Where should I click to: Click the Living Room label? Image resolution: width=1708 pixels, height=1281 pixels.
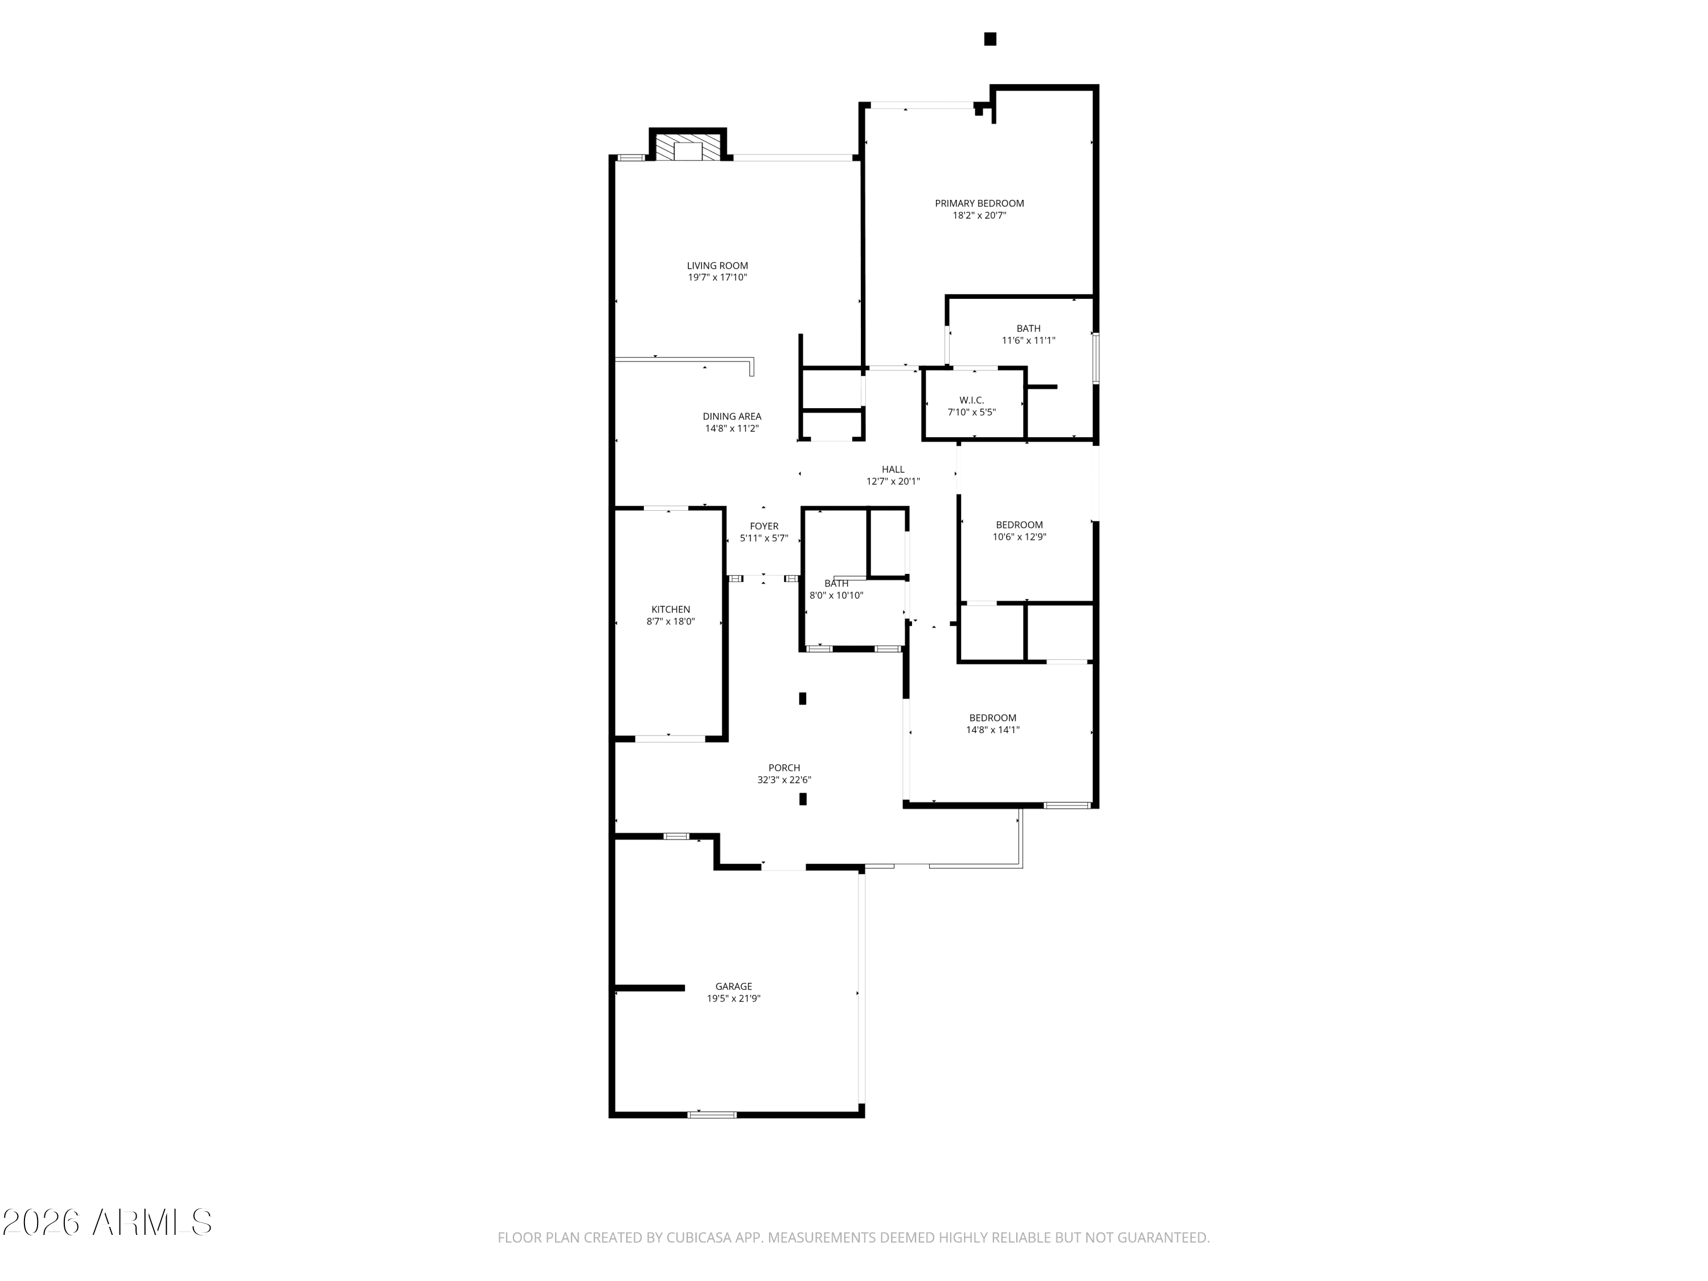coord(717,266)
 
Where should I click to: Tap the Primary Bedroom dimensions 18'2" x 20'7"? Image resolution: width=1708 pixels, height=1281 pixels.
coord(979,215)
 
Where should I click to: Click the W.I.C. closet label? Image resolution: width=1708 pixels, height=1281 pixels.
coord(971,400)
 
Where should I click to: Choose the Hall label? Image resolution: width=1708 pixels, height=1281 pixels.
coord(893,470)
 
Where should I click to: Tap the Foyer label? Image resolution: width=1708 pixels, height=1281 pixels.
coord(763,527)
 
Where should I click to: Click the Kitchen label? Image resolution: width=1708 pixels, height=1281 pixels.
coord(670,609)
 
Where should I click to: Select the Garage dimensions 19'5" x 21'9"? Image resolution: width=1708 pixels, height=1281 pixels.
coord(733,999)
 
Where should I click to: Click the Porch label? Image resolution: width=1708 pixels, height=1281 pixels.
coord(784,767)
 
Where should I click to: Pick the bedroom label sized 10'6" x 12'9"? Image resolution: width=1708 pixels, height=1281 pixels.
coord(1019,525)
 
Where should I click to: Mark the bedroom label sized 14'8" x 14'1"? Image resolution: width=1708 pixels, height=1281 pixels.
coord(993,718)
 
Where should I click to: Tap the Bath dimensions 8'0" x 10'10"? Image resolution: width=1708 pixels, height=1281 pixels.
coord(836,596)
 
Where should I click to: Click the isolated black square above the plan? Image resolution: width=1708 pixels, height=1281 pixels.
coord(990,39)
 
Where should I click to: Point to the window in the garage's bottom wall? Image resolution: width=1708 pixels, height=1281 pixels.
coord(712,1114)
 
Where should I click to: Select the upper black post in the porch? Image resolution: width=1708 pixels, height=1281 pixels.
coord(802,698)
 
